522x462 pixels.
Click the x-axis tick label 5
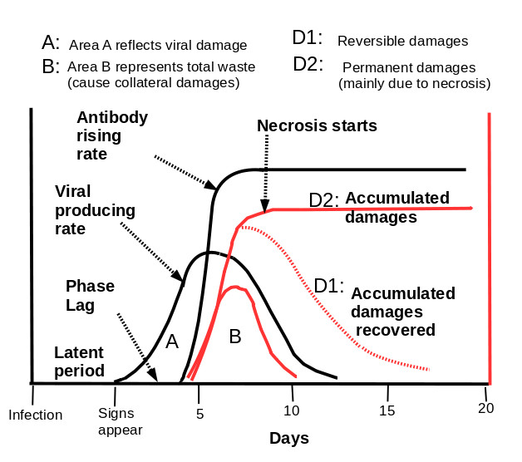tap(199, 414)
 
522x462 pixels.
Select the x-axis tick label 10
tap(291, 411)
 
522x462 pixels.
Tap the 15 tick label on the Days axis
tap(387, 411)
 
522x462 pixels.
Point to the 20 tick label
tap(485, 408)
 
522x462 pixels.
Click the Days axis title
tap(289, 439)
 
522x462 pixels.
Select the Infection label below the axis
tap(35, 415)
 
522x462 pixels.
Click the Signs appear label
tap(121, 422)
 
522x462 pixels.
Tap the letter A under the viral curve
tap(172, 342)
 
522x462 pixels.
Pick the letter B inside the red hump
tap(235, 337)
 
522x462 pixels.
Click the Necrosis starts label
tap(317, 125)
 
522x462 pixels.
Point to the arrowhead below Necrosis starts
tap(264, 206)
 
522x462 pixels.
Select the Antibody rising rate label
tap(112, 135)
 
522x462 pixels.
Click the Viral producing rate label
tap(95, 210)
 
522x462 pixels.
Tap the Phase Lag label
tap(90, 296)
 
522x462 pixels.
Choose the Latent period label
tap(79, 361)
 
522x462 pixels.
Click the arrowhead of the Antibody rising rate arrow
tap(211, 184)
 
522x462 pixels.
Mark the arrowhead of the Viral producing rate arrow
tap(178, 276)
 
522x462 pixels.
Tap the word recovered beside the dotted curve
tap(396, 330)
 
